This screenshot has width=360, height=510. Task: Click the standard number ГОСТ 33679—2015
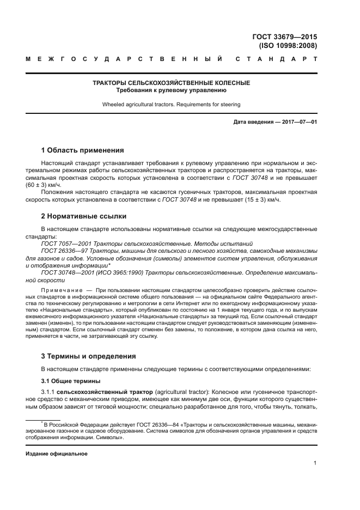click(284, 37)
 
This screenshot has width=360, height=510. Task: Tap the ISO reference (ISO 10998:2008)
click(288, 46)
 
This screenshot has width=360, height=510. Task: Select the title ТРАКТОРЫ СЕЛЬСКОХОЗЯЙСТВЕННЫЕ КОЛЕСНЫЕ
click(171, 83)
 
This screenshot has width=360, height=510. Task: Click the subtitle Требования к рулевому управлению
click(171, 90)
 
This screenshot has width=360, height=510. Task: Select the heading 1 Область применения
click(83, 150)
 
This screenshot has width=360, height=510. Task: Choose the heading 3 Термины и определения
click(89, 356)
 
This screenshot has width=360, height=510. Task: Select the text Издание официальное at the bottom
click(57, 453)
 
